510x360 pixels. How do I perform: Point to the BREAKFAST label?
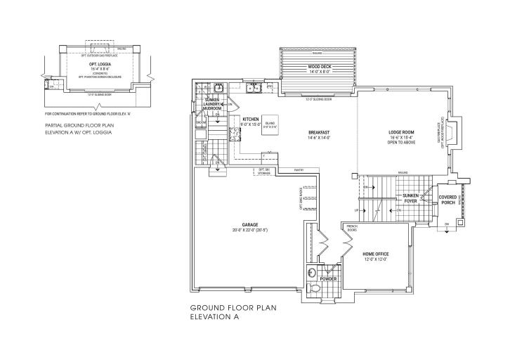[x=319, y=134]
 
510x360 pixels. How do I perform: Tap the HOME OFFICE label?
[x=376, y=255]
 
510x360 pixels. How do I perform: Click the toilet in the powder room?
[x=313, y=273]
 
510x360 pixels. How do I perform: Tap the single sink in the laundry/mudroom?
[x=218, y=89]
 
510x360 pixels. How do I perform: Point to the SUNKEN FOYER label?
[x=411, y=198]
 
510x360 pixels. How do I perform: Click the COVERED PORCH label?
[x=447, y=200]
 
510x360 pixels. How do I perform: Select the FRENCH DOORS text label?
[x=352, y=228]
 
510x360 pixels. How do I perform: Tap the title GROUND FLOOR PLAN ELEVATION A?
[x=225, y=312]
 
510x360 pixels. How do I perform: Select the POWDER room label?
[x=328, y=279]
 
